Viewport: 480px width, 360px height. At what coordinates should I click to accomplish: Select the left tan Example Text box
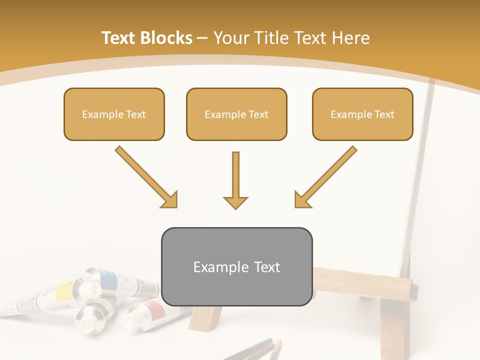tap(114, 114)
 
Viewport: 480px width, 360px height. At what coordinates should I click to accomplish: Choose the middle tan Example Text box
tap(236, 114)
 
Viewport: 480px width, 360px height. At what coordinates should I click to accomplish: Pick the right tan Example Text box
tap(362, 114)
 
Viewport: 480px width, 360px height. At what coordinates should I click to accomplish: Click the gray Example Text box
tap(236, 267)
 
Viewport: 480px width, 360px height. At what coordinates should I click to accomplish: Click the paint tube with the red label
tap(152, 310)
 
